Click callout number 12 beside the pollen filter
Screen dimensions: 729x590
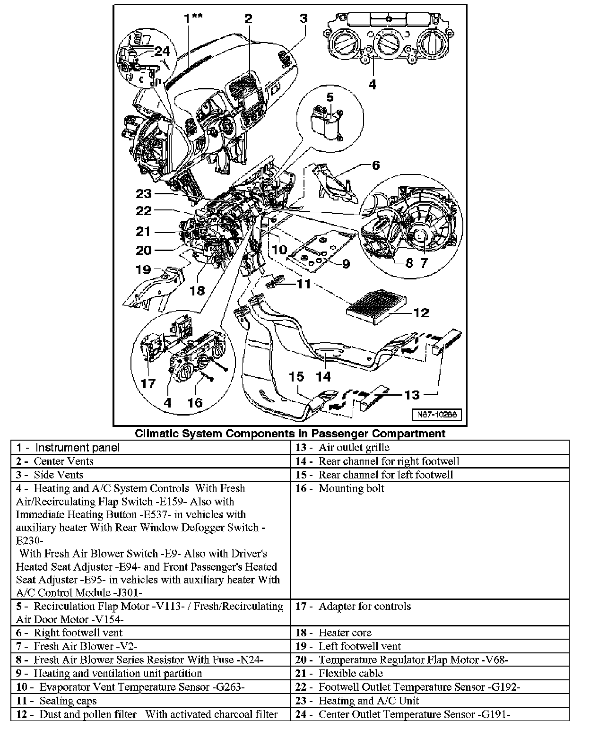click(x=421, y=312)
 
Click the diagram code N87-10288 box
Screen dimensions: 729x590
click(x=436, y=415)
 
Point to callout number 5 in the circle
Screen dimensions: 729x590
click(x=330, y=97)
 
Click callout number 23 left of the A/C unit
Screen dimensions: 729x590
click(x=144, y=193)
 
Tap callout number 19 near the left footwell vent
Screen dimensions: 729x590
click(x=143, y=269)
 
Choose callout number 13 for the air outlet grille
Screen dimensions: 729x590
click(x=412, y=394)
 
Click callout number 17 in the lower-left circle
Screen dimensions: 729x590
click(x=148, y=383)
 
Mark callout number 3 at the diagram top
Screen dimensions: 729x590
click(x=304, y=18)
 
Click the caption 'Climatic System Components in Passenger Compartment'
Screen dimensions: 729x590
click(x=290, y=433)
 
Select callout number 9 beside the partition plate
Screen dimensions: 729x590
click(x=346, y=263)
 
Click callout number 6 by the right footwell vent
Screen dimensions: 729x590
click(x=376, y=165)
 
